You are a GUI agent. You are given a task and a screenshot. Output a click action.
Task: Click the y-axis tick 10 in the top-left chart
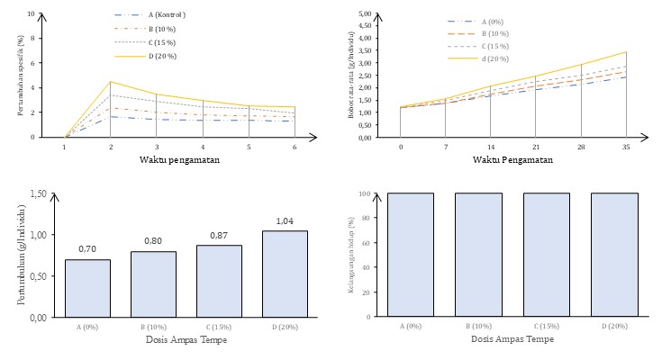pos(32,14)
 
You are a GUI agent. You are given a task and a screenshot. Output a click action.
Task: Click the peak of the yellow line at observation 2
pos(111,82)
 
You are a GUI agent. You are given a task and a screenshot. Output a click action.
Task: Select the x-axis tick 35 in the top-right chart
pos(625,147)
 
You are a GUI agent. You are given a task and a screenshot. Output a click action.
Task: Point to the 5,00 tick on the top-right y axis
pos(366,14)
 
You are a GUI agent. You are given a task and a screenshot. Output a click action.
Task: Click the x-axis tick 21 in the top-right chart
pos(535,147)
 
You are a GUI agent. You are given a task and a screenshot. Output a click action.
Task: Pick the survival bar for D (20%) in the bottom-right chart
pos(613,255)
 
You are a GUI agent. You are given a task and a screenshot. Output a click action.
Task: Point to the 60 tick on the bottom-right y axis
pos(370,243)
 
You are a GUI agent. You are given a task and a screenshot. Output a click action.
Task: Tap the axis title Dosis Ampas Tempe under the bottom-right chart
pos(510,339)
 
